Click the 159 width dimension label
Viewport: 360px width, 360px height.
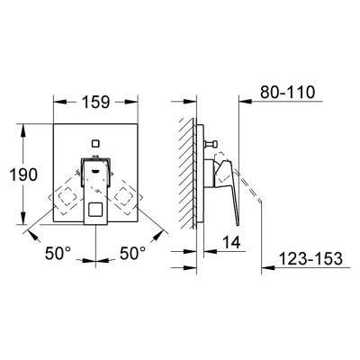click(x=95, y=102)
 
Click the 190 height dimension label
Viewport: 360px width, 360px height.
click(x=23, y=175)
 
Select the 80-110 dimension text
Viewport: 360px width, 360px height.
click(x=287, y=92)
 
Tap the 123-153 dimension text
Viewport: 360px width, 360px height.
click(x=310, y=258)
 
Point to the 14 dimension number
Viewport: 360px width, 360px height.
click(x=231, y=242)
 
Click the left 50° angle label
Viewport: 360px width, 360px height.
click(x=58, y=253)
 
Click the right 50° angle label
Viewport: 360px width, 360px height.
click(x=132, y=253)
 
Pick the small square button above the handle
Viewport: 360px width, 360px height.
click(x=95, y=144)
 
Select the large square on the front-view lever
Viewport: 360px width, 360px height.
click(x=95, y=210)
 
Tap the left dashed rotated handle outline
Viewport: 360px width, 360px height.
click(x=67, y=199)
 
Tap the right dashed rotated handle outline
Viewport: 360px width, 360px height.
click(x=123, y=198)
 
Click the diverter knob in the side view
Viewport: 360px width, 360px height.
click(x=211, y=145)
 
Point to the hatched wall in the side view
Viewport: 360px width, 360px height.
click(x=188, y=173)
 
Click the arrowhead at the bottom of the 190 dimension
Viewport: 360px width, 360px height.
click(x=23, y=218)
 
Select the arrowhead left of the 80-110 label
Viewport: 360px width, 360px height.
click(x=246, y=102)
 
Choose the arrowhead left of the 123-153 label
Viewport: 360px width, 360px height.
click(x=268, y=266)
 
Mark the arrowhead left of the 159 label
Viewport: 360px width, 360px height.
click(x=60, y=102)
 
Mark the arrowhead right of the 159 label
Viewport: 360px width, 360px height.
click(x=131, y=102)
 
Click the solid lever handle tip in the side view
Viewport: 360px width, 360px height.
click(x=238, y=223)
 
